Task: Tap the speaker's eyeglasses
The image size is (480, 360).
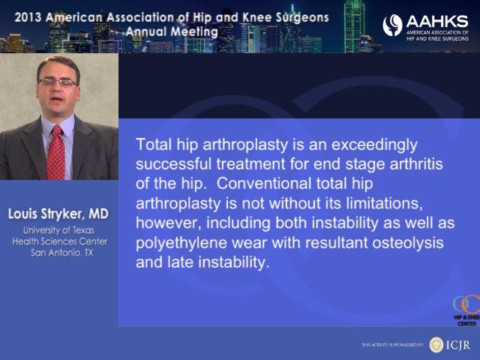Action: [58, 82]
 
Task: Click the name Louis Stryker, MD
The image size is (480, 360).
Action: [58, 214]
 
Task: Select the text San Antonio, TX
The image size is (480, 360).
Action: [61, 253]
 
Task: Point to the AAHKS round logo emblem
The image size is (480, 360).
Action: [392, 25]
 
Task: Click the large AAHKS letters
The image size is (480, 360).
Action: [437, 22]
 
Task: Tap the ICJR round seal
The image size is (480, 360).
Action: [436, 345]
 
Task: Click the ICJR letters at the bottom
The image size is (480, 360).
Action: [457, 345]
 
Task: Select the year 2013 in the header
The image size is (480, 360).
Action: [28, 17]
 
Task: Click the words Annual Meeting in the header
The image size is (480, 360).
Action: [172, 31]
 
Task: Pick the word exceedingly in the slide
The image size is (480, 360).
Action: [374, 145]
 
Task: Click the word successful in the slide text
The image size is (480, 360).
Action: [173, 164]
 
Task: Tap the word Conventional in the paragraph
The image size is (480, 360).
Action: [264, 184]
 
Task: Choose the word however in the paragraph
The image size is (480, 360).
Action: [169, 223]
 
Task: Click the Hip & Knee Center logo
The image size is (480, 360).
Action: [466, 310]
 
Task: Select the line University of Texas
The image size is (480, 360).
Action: [58, 230]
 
